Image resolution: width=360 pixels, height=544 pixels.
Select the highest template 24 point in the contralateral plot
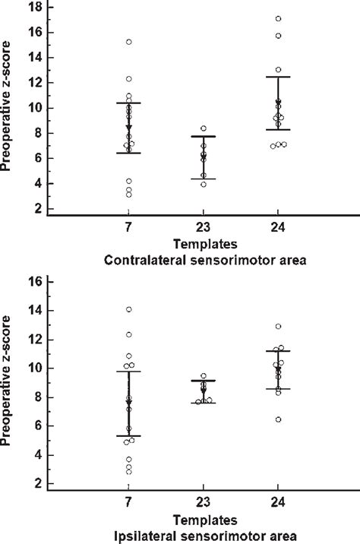(x=278, y=18)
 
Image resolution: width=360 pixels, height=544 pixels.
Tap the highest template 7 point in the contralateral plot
(x=129, y=42)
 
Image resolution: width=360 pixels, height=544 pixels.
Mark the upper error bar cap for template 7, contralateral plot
(x=129, y=103)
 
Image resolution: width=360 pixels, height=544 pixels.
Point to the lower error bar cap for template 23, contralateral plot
(x=204, y=179)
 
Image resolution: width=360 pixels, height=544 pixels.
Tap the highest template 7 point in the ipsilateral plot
(x=129, y=309)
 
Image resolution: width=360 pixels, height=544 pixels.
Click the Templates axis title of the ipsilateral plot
(x=203, y=521)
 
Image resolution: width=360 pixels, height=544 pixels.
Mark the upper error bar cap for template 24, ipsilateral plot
(x=278, y=350)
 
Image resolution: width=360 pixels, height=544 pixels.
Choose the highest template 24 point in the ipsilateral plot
(x=278, y=327)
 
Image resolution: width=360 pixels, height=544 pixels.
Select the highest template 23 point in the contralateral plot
(x=204, y=128)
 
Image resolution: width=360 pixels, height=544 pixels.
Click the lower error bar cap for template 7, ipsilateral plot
(x=129, y=436)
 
